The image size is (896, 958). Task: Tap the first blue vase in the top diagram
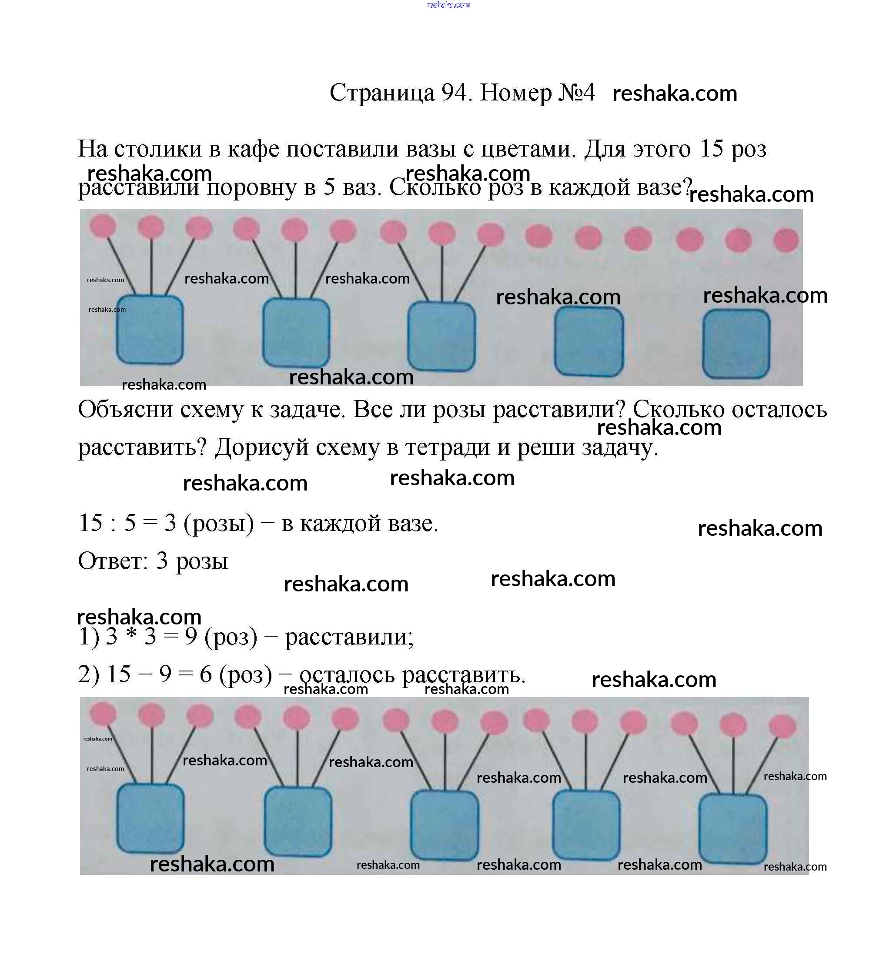(150, 330)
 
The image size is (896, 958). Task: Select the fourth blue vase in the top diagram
(588, 341)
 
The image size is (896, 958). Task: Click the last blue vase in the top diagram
(736, 344)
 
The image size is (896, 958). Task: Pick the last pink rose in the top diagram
(786, 240)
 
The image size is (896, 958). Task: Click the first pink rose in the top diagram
(103, 226)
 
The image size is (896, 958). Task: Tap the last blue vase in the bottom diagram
(732, 828)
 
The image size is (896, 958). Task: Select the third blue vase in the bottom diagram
(445, 825)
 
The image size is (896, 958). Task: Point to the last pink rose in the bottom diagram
(782, 726)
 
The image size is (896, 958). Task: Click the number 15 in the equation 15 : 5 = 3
(91, 523)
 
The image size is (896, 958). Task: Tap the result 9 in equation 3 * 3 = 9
(191, 637)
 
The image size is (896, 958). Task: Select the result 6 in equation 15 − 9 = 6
(206, 674)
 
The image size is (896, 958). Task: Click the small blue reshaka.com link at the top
(448, 5)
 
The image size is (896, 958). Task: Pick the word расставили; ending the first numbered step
(349, 637)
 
